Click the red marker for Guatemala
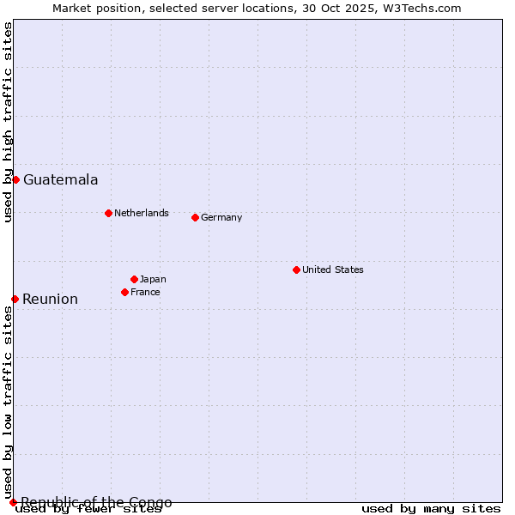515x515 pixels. click(x=15, y=179)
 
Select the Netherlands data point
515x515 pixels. click(x=108, y=213)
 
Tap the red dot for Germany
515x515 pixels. click(x=195, y=217)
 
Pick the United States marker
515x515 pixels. click(x=296, y=270)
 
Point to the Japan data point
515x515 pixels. click(x=134, y=279)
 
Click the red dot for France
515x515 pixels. click(x=124, y=292)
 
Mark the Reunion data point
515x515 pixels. click(x=15, y=299)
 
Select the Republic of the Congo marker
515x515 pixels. click(x=13, y=502)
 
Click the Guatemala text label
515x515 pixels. click(x=60, y=179)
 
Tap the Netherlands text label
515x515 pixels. click(x=142, y=213)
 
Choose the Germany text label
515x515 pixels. click(x=221, y=217)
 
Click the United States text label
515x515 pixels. click(x=333, y=270)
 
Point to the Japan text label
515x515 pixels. click(x=153, y=279)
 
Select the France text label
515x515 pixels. click(x=145, y=292)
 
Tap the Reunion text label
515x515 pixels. click(x=50, y=299)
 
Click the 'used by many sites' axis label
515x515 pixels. click(x=431, y=508)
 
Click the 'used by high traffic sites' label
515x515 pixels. click(x=8, y=122)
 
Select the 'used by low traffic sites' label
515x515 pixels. click(x=8, y=403)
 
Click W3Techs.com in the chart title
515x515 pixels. click(x=421, y=8)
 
